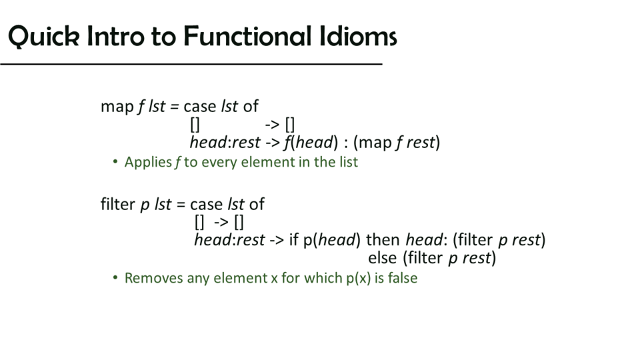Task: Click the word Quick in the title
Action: pyautogui.click(x=44, y=37)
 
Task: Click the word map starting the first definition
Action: pyautogui.click(x=117, y=107)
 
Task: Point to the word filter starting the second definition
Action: pyautogui.click(x=117, y=204)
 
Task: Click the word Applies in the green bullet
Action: pyautogui.click(x=148, y=163)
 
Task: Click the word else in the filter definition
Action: pyautogui.click(x=383, y=258)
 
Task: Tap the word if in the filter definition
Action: pyautogui.click(x=294, y=239)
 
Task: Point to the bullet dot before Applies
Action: pyautogui.click(x=115, y=162)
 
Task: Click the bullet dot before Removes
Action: pyautogui.click(x=115, y=277)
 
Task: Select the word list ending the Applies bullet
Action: pyautogui.click(x=349, y=162)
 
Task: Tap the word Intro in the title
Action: pyautogui.click(x=115, y=36)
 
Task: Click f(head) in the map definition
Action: pyautogui.click(x=311, y=143)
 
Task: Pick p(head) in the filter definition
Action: pyautogui.click(x=332, y=240)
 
